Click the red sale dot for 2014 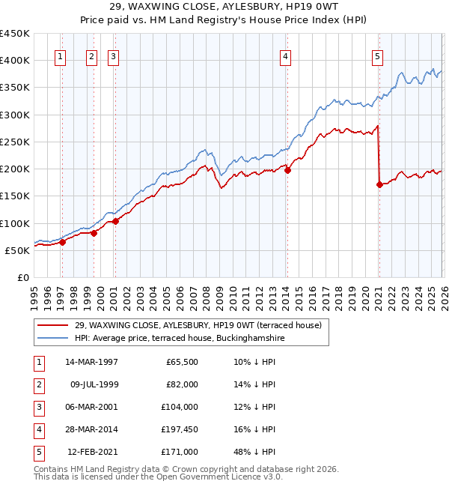[x=287, y=170]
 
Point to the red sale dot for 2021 [x=379, y=184]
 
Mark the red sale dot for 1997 [x=63, y=241]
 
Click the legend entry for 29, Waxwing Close [x=198, y=325]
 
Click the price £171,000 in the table [x=180, y=451]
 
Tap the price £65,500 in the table [x=182, y=362]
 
